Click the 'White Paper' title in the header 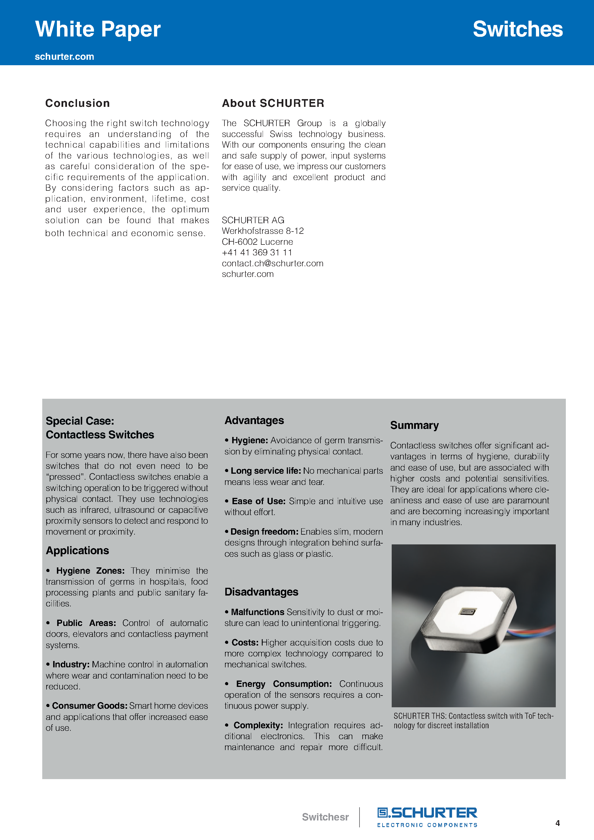point(98,29)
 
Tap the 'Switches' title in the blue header point(518,29)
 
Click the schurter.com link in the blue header point(64,57)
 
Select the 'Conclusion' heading point(77,103)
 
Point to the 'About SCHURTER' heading point(273,103)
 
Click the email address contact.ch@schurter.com point(272,263)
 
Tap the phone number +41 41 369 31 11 point(257,253)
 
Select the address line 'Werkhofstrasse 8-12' point(262,231)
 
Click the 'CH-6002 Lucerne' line point(257,242)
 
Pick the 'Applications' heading point(77,551)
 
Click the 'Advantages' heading point(254,420)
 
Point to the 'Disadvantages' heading point(261,592)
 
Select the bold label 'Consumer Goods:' point(89,706)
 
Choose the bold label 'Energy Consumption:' point(284,684)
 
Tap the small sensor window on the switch point(468,611)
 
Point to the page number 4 point(558,823)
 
